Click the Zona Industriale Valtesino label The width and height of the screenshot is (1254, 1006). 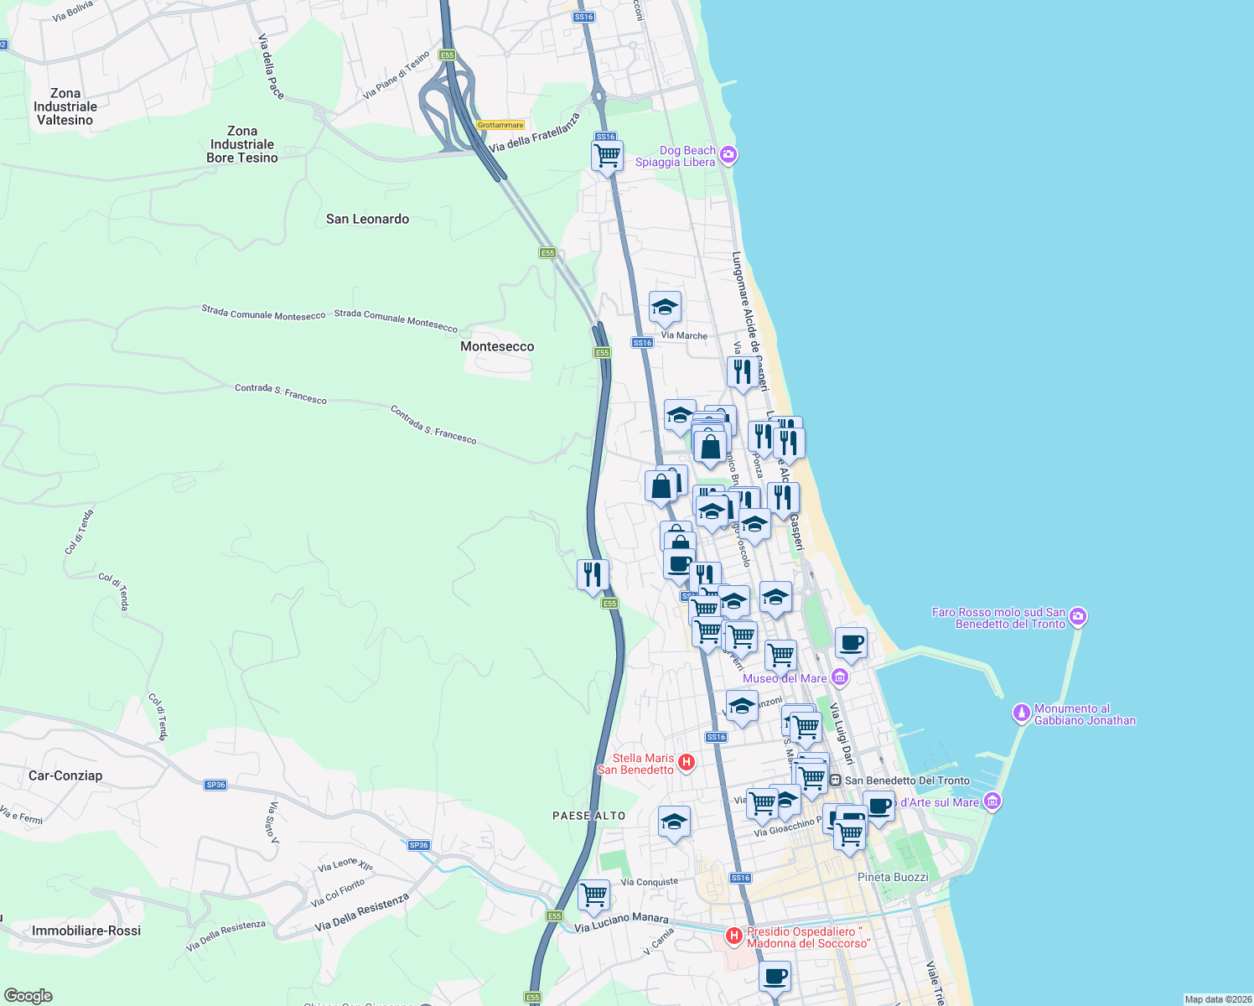tap(65, 106)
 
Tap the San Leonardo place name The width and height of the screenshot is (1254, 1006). tap(367, 219)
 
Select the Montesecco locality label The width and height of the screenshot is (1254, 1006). tap(497, 346)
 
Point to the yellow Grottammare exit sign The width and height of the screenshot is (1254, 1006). tap(500, 125)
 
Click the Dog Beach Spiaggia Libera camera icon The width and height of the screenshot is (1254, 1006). tap(728, 154)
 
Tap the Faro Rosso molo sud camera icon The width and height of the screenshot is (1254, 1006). tap(1078, 617)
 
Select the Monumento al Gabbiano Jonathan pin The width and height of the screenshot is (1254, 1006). tap(1021, 713)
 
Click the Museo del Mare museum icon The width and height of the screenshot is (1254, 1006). tap(840, 677)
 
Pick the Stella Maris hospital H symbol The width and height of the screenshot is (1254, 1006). tap(687, 762)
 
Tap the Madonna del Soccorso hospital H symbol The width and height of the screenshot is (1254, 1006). tap(734, 936)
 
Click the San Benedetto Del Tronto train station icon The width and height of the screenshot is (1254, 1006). tap(835, 780)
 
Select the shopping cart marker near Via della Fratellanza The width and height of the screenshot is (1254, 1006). tap(607, 154)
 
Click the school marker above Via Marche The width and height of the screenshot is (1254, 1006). tap(665, 308)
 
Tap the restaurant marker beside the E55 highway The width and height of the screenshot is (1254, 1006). tap(593, 575)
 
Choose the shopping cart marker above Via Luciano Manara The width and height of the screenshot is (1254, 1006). tap(593, 895)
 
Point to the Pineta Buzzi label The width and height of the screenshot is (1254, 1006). tap(893, 877)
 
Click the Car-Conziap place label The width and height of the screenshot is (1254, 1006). tap(65, 775)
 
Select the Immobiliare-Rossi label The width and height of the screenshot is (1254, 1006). tap(86, 931)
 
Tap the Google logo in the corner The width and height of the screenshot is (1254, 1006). tap(28, 996)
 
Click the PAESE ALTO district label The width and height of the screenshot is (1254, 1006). tap(588, 816)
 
